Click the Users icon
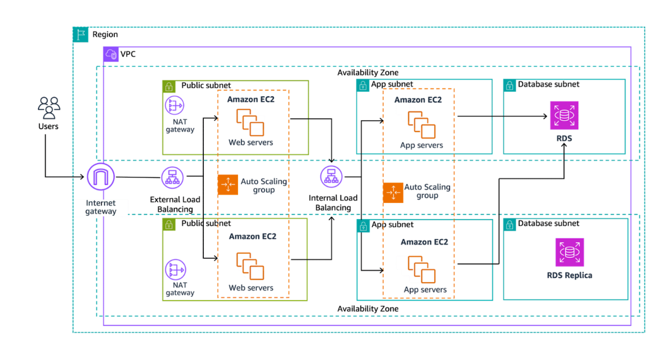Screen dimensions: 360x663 [x=49, y=108]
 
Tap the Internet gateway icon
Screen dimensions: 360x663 [x=101, y=177]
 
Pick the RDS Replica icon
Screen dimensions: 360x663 [x=570, y=252]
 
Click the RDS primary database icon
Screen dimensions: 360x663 [x=564, y=115]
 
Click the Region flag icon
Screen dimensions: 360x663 [x=80, y=34]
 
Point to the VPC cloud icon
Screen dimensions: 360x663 [x=111, y=54]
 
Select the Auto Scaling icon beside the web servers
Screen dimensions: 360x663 [x=227, y=185]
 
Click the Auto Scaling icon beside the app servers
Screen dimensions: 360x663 [x=392, y=193]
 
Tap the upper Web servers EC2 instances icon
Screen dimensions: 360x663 [x=250, y=122]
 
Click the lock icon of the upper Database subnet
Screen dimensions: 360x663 [x=510, y=85]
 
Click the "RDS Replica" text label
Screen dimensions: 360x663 [x=570, y=275]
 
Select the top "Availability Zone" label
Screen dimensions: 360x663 [x=367, y=72]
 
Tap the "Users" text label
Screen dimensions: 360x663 [x=48, y=126]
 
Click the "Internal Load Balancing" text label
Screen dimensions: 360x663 [x=333, y=203]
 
